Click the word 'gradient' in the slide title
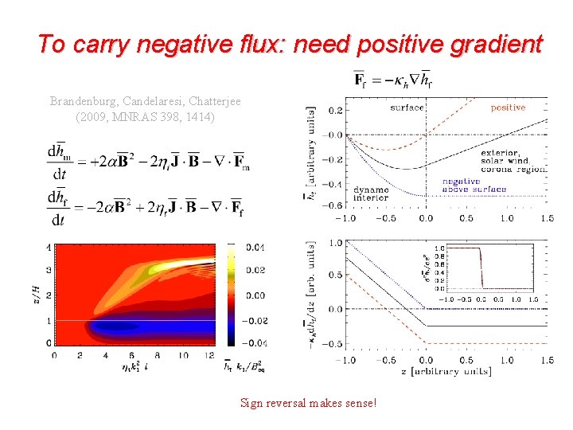click(x=499, y=44)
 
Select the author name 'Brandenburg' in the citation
click(x=84, y=102)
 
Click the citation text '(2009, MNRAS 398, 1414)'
click(x=145, y=117)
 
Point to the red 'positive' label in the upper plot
click(x=508, y=107)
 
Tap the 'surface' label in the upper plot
click(x=407, y=107)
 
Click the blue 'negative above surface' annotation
click(x=474, y=186)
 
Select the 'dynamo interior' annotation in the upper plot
click(x=371, y=193)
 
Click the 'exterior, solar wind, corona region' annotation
click(x=513, y=161)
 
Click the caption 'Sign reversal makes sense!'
click(x=308, y=403)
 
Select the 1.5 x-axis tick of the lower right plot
click(x=547, y=360)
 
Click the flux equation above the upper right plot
click(x=393, y=80)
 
